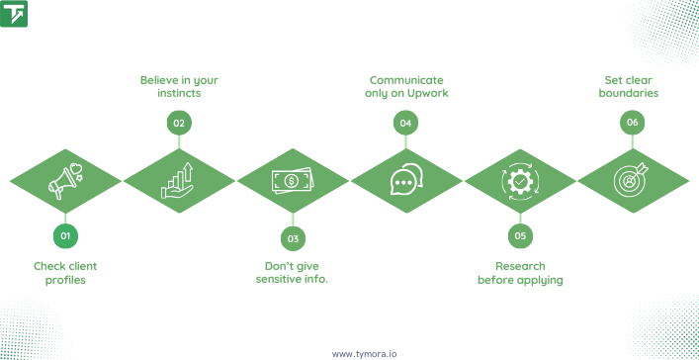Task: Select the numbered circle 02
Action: click(x=179, y=123)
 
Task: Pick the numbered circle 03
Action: click(x=293, y=236)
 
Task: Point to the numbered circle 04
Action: click(x=404, y=123)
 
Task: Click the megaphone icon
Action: click(x=65, y=180)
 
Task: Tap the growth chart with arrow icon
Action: click(x=179, y=180)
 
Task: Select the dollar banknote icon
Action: click(x=293, y=180)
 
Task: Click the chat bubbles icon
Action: click(x=405, y=180)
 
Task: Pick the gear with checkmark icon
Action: click(x=519, y=180)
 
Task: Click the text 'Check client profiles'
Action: click(x=65, y=273)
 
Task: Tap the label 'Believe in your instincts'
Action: click(x=179, y=86)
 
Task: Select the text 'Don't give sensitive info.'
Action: click(x=292, y=273)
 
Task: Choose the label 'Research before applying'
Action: click(x=520, y=273)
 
